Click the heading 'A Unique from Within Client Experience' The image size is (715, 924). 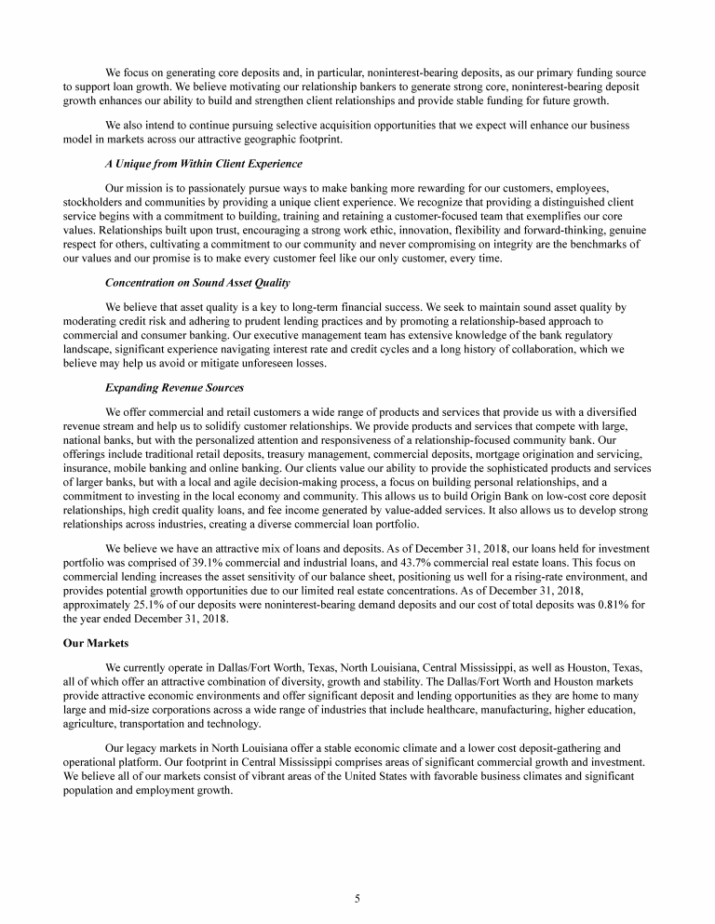[204, 164]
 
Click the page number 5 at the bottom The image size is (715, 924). [357, 898]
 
